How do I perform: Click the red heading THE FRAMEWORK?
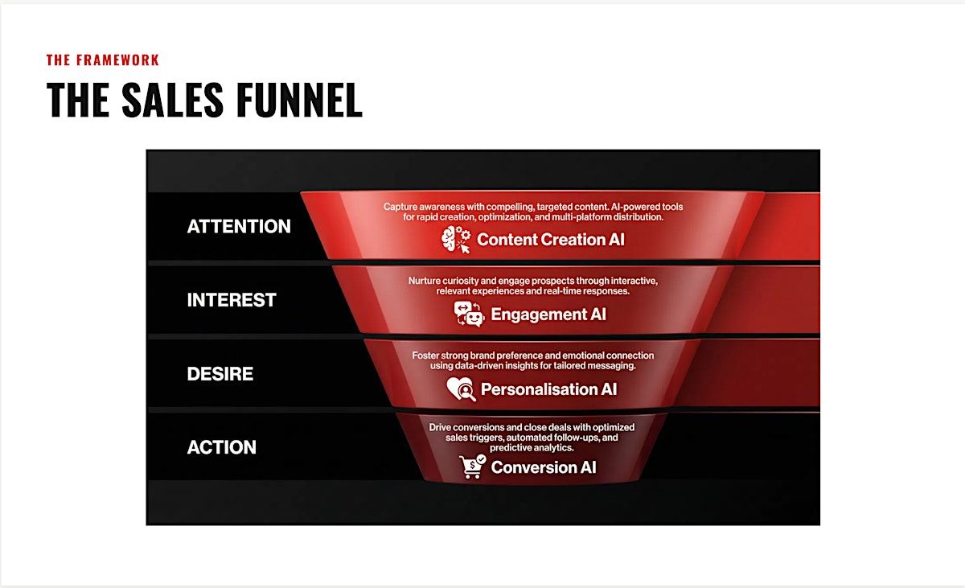tap(103, 60)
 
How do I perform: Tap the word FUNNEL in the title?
tap(299, 100)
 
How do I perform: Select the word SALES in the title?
tap(173, 100)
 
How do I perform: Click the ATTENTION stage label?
tap(239, 226)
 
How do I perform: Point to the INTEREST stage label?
tap(232, 300)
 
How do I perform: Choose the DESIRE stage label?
tap(220, 373)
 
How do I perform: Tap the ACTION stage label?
tap(221, 447)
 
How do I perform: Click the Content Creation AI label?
tap(551, 240)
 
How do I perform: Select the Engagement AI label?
tap(548, 315)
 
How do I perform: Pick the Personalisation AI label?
tap(548, 389)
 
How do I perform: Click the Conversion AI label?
tap(544, 467)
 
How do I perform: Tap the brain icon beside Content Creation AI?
tap(456, 240)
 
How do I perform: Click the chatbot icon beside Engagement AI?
tap(469, 314)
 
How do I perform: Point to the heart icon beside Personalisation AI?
tap(461, 389)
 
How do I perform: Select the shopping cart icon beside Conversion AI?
tap(473, 467)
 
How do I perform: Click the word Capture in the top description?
tap(400, 208)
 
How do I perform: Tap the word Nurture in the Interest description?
tap(424, 281)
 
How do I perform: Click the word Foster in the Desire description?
tap(425, 356)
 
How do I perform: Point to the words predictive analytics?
tap(532, 448)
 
